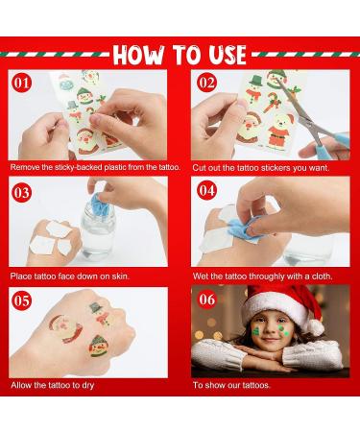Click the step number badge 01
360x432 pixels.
(21, 83)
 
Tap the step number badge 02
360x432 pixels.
(206, 83)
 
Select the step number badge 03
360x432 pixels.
(21, 193)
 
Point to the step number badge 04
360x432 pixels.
(206, 190)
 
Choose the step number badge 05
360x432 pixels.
(21, 300)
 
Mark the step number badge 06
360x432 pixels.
(206, 300)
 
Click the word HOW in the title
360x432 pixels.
(139, 55)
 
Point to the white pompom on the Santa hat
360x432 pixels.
(316, 327)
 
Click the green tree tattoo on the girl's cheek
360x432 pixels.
(256, 330)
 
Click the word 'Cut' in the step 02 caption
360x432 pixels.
(199, 168)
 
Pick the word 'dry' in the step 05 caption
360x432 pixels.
(87, 385)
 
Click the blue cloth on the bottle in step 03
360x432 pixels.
(99, 204)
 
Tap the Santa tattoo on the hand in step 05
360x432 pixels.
(66, 328)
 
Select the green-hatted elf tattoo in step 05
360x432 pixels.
(99, 346)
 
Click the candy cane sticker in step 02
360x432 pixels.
(272, 102)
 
